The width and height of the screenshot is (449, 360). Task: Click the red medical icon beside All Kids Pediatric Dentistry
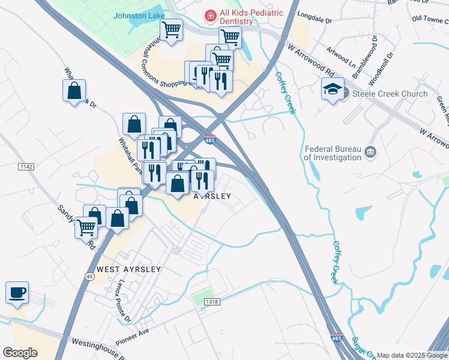pos(211,15)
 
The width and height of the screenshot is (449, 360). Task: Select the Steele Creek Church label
pos(390,94)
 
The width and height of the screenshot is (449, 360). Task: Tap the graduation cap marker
pos(332,91)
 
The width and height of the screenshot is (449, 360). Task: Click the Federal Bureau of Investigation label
pos(333,153)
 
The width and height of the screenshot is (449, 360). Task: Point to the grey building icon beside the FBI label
pos(370,153)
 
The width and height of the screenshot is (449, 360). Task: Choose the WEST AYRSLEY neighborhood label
pos(128,270)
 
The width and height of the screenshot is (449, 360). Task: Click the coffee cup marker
pos(17,293)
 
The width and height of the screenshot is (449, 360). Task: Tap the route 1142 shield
pos(26,166)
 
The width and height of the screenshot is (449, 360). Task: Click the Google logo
pos(20,353)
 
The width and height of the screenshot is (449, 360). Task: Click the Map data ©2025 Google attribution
pos(412,355)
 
